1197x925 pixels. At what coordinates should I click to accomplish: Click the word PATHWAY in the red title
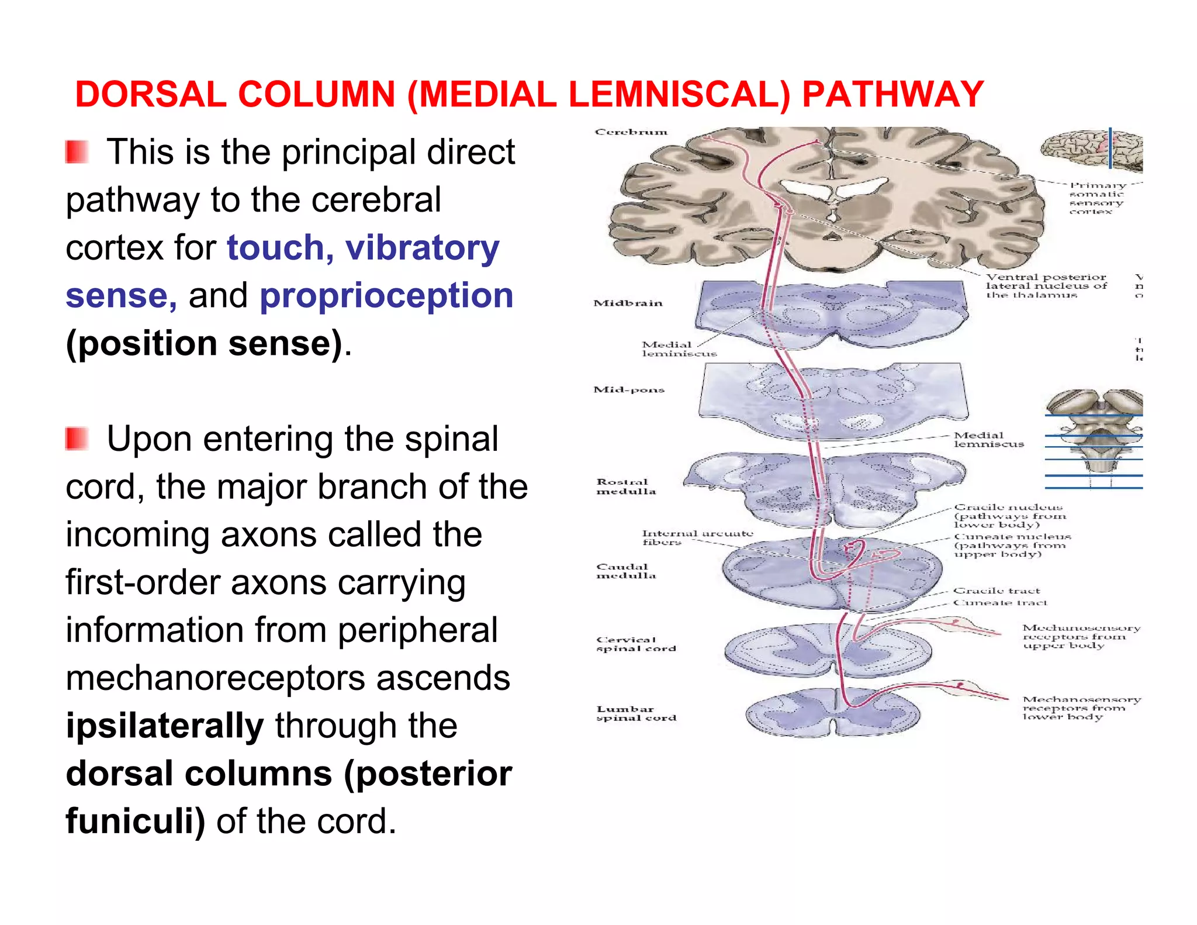click(892, 95)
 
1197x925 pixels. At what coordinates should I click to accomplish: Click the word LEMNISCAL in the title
click(679, 95)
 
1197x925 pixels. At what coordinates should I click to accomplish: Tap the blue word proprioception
click(386, 295)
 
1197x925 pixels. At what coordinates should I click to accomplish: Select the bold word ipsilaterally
click(165, 726)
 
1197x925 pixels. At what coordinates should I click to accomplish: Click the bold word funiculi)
click(135, 821)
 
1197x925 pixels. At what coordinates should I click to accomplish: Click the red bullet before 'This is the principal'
click(77, 152)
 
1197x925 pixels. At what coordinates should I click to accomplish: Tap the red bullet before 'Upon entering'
click(77, 439)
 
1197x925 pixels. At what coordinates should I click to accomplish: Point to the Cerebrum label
click(631, 132)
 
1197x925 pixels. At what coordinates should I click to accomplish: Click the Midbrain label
click(628, 303)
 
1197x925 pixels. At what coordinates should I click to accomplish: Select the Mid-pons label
click(629, 389)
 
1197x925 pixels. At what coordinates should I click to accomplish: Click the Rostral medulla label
click(625, 486)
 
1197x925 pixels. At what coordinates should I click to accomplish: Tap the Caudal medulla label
click(625, 571)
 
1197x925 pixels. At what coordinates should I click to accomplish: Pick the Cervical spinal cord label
click(635, 644)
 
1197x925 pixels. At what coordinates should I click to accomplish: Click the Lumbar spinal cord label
click(635, 713)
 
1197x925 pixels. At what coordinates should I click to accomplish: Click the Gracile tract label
click(997, 591)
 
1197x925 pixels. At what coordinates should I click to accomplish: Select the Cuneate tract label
click(1000, 602)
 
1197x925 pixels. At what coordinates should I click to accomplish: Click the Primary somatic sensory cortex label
click(1096, 198)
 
